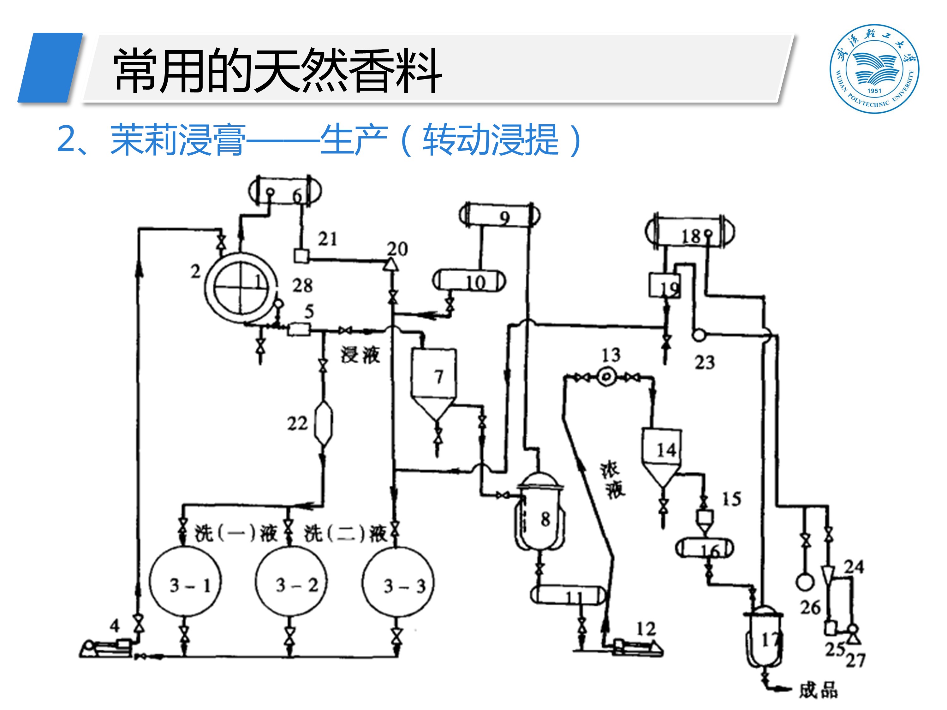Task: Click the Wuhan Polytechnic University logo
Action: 874,68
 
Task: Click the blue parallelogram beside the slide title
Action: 51,68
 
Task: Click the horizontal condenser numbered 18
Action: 690,232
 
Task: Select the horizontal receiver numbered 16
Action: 704,548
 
